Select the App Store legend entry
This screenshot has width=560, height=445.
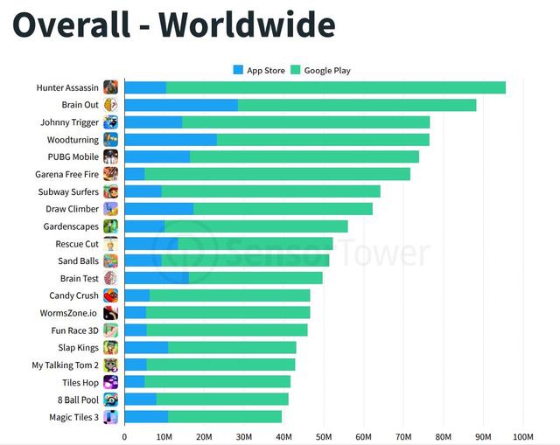click(x=259, y=70)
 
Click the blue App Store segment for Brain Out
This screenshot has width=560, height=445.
click(x=181, y=105)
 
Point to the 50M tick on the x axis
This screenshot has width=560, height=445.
click(x=323, y=436)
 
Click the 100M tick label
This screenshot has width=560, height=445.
click(x=522, y=436)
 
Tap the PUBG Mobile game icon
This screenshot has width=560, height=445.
click(x=111, y=156)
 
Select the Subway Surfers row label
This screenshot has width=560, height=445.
click(x=68, y=191)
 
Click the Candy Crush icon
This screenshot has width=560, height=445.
click(x=111, y=296)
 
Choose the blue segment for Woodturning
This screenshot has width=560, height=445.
click(x=171, y=140)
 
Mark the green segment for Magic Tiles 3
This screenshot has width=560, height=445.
click(x=224, y=417)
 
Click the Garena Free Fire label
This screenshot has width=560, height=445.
click(x=67, y=174)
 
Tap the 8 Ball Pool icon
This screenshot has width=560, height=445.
click(x=111, y=400)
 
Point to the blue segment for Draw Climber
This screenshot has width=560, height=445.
click(x=158, y=209)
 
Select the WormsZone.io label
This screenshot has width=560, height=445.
click(x=69, y=313)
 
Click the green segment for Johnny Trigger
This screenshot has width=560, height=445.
click(x=305, y=122)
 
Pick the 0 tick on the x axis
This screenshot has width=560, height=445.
click(x=124, y=436)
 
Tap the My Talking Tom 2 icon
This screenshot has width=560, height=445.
click(x=111, y=365)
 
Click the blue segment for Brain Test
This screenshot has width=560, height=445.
click(x=157, y=278)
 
